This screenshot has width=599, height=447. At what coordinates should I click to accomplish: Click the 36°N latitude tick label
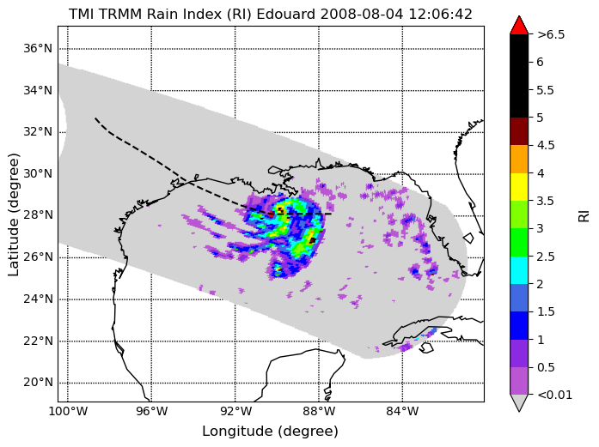coord(38,49)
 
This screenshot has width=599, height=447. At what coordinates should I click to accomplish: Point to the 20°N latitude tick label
coord(38,383)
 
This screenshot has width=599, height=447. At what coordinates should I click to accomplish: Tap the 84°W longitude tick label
coord(402,412)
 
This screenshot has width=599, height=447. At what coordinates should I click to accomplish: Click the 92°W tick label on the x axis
coord(235,412)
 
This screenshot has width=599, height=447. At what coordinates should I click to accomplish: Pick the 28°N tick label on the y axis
coord(38,215)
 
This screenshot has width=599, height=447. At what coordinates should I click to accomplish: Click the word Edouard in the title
coord(286,15)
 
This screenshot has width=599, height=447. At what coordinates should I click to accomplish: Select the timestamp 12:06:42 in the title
coord(441,15)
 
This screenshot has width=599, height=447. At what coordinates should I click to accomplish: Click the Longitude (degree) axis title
coord(270,432)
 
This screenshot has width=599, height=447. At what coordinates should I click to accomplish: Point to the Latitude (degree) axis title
coord(13,214)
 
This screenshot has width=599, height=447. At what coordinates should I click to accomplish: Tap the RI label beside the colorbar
coord(584,216)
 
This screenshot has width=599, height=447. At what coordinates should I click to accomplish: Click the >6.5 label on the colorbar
coord(551,34)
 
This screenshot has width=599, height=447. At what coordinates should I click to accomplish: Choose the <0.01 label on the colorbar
coord(554,395)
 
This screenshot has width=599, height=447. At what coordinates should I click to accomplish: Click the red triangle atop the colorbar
coord(519,26)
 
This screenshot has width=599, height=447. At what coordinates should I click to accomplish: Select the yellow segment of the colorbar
coord(519,187)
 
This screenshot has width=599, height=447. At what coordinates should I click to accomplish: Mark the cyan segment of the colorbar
coord(519,270)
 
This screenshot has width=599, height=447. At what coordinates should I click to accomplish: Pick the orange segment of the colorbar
coord(519,159)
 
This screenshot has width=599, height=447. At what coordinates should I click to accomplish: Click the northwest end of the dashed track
coord(95,118)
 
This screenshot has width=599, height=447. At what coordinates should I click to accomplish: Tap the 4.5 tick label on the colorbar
coord(546,145)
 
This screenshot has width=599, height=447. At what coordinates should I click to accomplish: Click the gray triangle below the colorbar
coord(519,402)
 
